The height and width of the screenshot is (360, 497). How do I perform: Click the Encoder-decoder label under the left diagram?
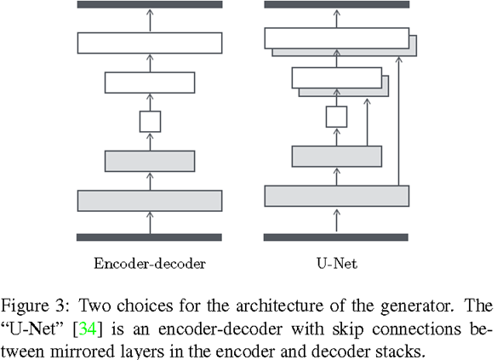[x=150, y=263]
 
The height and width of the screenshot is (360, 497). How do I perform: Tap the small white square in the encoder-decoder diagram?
[x=150, y=121]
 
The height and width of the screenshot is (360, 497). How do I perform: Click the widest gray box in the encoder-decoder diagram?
[x=150, y=200]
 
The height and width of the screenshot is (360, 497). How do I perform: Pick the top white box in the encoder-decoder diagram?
[x=150, y=43]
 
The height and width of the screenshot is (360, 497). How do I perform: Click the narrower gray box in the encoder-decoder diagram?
[x=150, y=160]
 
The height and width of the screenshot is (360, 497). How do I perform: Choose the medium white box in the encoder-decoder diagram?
[x=150, y=82]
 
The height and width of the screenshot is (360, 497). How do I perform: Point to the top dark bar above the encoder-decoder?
[x=150, y=4]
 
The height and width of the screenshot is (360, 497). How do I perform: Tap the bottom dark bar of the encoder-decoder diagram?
[x=150, y=237]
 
